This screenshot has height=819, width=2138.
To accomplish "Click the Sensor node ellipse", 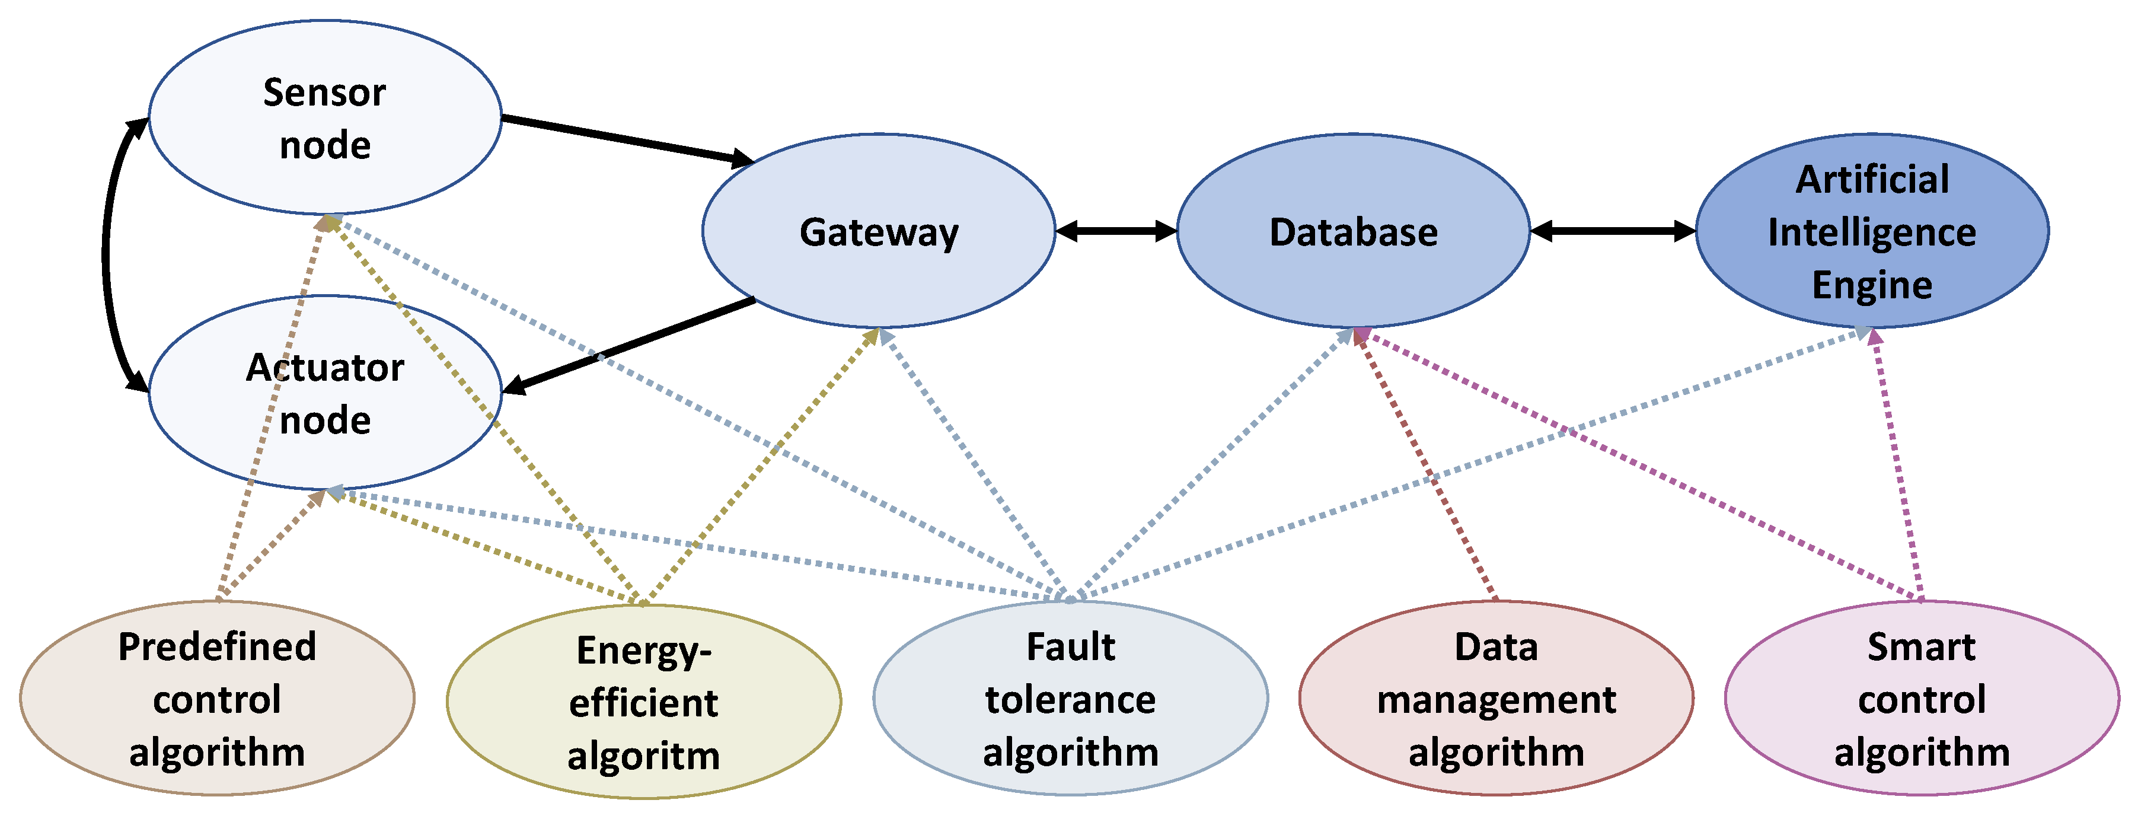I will coord(324,118).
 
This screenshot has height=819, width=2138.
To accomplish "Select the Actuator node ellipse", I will coord(324,393).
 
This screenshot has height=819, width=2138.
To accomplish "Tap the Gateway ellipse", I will coord(879,231).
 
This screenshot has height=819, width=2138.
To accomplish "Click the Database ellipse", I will coord(1354,231).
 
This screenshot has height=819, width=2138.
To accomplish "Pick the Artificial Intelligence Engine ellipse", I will coord(1872,231).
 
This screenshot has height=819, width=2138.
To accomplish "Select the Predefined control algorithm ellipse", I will coord(216,699).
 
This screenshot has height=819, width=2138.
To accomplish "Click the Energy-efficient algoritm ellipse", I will coord(643,702).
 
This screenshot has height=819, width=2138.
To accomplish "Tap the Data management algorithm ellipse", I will coord(1496,699).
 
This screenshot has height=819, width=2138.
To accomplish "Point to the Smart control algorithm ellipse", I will coord(1922,699).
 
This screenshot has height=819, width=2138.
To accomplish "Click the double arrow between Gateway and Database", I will coord(1116,231).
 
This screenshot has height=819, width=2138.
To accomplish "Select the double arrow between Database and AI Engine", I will coord(1613,231).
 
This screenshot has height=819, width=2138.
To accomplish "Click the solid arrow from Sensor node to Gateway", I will coord(627,139).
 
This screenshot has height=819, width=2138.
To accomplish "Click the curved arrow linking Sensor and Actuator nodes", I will coord(106,253).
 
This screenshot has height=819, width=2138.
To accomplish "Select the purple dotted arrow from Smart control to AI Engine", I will coord(1897,465).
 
